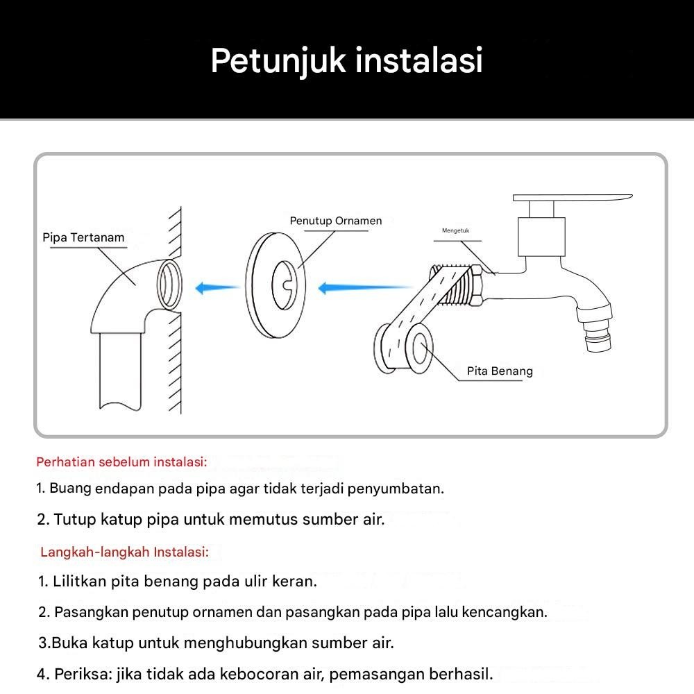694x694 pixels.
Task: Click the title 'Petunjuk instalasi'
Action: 346,60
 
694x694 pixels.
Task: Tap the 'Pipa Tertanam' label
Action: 83,237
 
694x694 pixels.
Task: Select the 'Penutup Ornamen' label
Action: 336,221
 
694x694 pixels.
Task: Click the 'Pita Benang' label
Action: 500,371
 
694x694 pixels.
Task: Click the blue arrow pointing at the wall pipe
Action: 217,287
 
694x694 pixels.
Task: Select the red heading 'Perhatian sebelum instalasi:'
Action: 121,462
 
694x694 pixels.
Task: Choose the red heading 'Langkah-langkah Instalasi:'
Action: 124,552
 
